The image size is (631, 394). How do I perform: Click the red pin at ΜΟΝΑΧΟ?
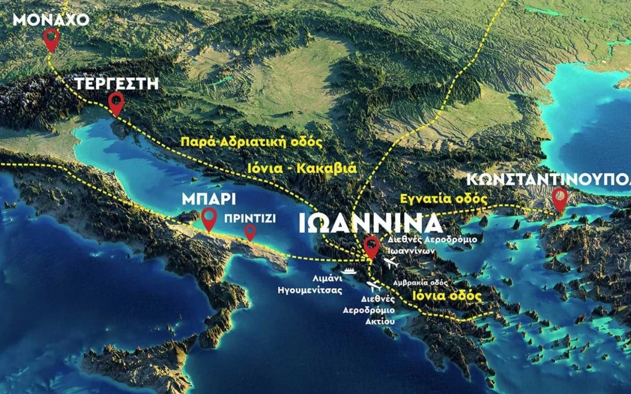coord(52,40)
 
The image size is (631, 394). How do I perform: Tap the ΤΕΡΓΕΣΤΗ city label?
coord(116,83)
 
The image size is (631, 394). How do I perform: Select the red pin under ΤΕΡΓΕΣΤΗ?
coord(117,103)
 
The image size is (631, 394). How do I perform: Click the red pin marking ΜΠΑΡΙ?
coord(209,219)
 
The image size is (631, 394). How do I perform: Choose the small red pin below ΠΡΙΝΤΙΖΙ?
coord(250,232)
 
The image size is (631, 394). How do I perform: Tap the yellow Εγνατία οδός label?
coord(443,198)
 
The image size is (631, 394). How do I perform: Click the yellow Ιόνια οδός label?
coord(446,296)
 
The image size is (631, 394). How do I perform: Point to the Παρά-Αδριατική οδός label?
coord(252,142)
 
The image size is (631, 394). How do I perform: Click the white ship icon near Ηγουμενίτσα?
coord(349,270)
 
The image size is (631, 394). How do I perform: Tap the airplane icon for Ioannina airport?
coord(391,261)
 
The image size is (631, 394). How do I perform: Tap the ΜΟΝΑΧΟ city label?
coord(51,19)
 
